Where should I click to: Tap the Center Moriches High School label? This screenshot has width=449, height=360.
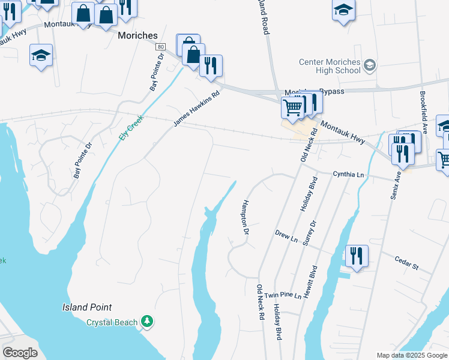pos(330,66)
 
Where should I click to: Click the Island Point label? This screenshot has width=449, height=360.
pos(87,307)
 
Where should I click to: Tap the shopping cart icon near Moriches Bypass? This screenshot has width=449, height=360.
pos(292,109)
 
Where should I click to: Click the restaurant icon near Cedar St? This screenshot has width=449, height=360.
pos(357,256)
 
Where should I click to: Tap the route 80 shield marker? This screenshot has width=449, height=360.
pos(160,46)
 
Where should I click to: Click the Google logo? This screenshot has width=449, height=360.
pos(20,353)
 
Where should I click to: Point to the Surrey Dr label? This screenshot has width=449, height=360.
pos(310,233)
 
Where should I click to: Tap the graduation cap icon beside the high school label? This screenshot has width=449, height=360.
pos(370,65)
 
